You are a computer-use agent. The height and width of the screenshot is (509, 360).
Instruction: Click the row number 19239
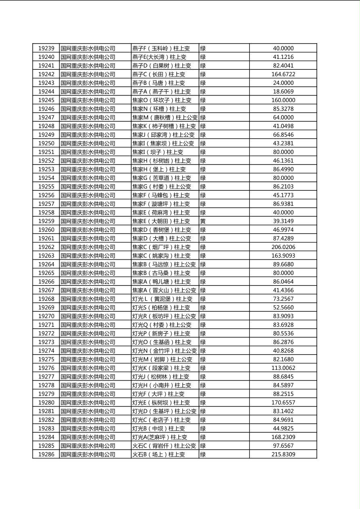click(x=46, y=48)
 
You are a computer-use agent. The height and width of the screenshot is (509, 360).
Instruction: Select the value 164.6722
click(x=283, y=74)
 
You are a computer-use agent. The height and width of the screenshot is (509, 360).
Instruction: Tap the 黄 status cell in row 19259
click(x=203, y=221)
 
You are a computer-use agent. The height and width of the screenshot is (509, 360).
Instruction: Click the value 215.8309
click(x=283, y=455)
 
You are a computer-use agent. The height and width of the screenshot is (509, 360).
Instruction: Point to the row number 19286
click(x=46, y=455)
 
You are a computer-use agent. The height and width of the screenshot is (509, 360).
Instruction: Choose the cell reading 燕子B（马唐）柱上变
click(x=159, y=83)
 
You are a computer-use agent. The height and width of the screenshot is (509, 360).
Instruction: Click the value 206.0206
click(x=283, y=247)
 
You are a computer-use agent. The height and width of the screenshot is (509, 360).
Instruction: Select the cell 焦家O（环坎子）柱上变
click(x=162, y=100)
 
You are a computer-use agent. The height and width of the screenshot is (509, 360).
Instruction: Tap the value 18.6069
click(x=283, y=92)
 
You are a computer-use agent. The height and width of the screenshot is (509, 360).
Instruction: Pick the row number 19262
click(x=46, y=247)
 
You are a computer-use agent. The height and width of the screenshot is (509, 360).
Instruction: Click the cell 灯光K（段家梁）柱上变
click(x=161, y=368)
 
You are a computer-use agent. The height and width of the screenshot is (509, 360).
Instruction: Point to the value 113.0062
click(x=283, y=368)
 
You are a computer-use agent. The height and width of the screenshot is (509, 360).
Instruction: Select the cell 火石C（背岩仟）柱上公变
click(x=164, y=446)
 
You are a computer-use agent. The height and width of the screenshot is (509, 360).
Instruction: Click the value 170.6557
click(x=283, y=403)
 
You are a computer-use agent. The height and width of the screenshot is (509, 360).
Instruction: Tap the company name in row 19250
click(x=88, y=143)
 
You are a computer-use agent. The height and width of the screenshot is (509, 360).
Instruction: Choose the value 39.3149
click(x=283, y=221)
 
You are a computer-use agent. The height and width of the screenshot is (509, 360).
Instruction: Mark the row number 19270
click(x=46, y=316)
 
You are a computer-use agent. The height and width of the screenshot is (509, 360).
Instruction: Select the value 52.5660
click(x=283, y=308)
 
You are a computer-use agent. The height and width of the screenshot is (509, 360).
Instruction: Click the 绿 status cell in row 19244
click(x=203, y=92)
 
